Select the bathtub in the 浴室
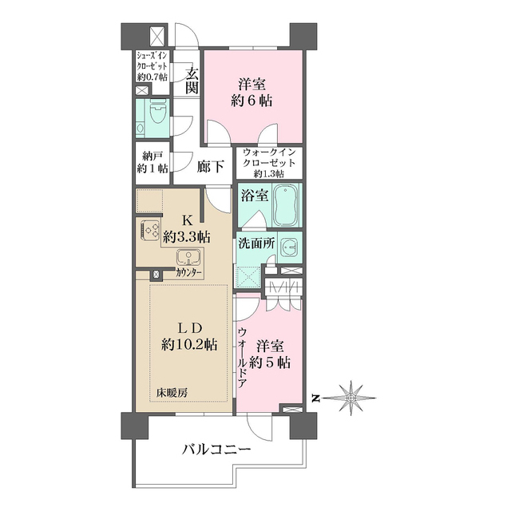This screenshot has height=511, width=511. coord(285,206)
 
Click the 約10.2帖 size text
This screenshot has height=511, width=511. coord(188,345)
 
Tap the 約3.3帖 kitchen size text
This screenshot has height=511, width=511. coord(186,236)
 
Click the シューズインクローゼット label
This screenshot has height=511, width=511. coord(152,66)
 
